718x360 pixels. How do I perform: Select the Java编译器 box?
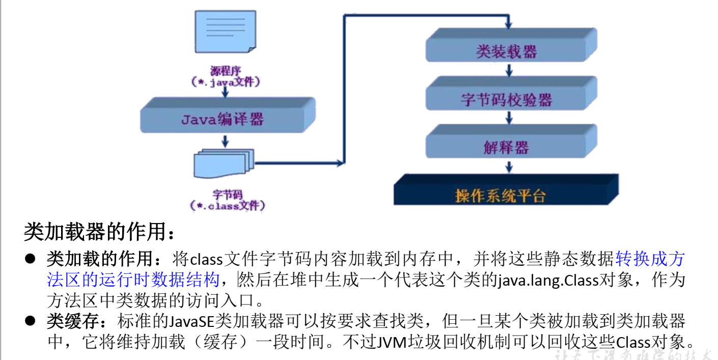point(222,119)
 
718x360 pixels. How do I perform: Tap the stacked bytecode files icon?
point(223,163)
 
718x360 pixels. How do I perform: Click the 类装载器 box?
point(507,51)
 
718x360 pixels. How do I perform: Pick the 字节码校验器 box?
point(507,99)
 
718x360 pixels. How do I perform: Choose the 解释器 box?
point(507,147)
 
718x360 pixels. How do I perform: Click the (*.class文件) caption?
point(227,206)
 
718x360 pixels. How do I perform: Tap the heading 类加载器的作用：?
point(100,233)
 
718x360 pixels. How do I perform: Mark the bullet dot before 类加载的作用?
point(30,259)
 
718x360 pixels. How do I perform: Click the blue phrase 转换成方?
point(650,259)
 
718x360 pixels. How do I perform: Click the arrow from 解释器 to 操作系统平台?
point(508,167)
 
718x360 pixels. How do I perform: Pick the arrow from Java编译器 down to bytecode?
point(223,141)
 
